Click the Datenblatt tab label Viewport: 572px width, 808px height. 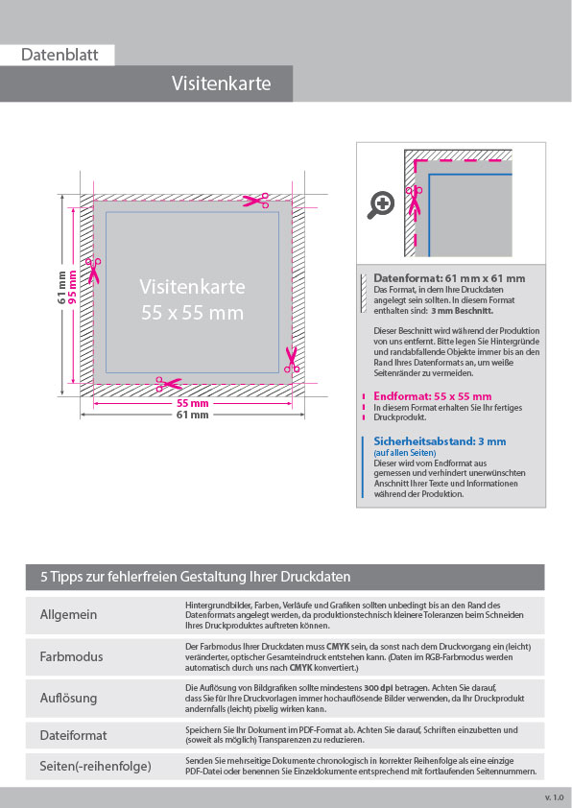click(60, 56)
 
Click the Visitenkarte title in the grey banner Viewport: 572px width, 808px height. click(221, 83)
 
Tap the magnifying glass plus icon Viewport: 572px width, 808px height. click(382, 203)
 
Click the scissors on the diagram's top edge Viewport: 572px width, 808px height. click(256, 201)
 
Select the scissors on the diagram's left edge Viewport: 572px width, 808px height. click(93, 270)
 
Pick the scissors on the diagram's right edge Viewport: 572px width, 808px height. click(292, 360)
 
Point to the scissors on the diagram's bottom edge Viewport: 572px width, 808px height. click(169, 384)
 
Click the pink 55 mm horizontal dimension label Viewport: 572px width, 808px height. click(192, 404)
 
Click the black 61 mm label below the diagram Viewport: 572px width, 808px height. click(192, 416)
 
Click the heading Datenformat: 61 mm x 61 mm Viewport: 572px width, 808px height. click(449, 278)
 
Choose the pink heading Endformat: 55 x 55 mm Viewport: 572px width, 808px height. click(432, 395)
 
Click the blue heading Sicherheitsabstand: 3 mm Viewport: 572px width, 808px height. click(439, 441)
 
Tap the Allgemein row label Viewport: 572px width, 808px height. click(68, 614)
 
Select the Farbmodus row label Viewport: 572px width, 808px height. click(71, 656)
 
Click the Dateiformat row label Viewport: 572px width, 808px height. click(73, 735)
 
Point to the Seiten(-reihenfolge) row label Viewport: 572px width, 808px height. click(95, 767)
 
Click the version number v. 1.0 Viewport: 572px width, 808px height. click(554, 797)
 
